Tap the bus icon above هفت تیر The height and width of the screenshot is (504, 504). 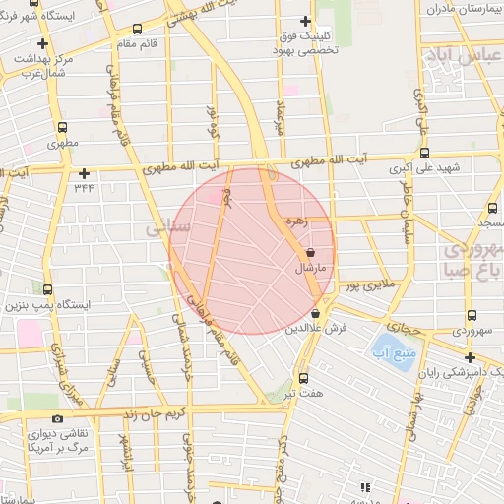[302, 377]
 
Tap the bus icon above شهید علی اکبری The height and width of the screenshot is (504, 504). [424, 153]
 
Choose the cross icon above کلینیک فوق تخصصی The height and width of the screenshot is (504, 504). [305, 21]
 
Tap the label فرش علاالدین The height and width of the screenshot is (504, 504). [317, 326]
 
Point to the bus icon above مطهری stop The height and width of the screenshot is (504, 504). [63, 127]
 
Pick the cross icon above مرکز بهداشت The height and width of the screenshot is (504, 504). [42, 44]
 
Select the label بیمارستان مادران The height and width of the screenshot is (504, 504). [464, 8]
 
